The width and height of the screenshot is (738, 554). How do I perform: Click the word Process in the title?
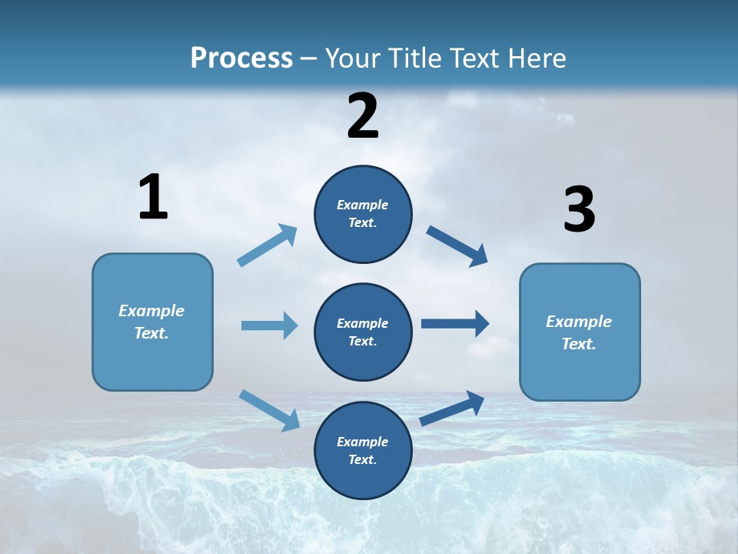tap(241, 58)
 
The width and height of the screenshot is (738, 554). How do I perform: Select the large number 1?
tap(153, 197)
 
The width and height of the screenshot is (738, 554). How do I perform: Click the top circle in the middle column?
tap(363, 214)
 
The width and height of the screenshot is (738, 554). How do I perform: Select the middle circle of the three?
tap(363, 332)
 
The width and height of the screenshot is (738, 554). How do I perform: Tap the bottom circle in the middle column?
tap(363, 450)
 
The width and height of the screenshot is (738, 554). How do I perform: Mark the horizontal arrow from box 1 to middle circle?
tap(269, 325)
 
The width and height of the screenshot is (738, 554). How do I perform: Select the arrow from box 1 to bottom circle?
tap(270, 410)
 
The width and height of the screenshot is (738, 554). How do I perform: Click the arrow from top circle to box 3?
tap(457, 245)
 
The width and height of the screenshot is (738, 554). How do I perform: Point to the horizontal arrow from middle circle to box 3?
tap(455, 324)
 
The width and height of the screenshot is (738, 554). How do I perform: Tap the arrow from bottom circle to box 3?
tap(452, 409)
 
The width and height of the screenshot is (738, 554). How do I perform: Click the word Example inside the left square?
tap(151, 311)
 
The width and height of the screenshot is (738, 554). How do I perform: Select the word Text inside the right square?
tap(578, 344)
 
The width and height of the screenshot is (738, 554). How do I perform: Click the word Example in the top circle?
tap(363, 205)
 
